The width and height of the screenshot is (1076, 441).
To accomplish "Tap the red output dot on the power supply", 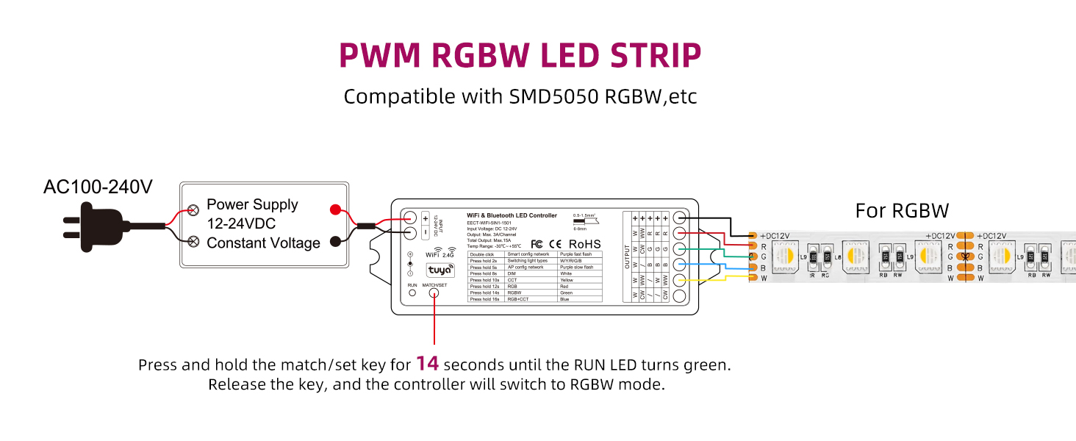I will pyautogui.click(x=336, y=209).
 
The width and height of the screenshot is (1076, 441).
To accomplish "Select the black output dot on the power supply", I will pyautogui.click(x=336, y=241).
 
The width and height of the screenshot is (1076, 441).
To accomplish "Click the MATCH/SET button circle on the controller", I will pyautogui.click(x=434, y=293).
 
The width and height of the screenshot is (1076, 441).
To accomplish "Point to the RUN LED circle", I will pyautogui.click(x=412, y=293).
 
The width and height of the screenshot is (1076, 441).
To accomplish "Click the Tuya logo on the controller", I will pyautogui.click(x=439, y=270).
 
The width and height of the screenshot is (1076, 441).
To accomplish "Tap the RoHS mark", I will pyautogui.click(x=584, y=244).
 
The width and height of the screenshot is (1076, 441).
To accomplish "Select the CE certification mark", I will pyautogui.click(x=556, y=244).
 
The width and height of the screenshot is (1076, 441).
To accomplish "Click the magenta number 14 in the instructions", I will pyautogui.click(x=427, y=363).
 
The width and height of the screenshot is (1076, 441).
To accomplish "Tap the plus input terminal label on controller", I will pyautogui.click(x=426, y=218).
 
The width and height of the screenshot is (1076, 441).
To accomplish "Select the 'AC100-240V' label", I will pyautogui.click(x=98, y=187).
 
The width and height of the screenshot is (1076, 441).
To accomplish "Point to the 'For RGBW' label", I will pyautogui.click(x=902, y=211).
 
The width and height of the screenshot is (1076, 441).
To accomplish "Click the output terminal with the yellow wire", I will pyautogui.click(x=680, y=280).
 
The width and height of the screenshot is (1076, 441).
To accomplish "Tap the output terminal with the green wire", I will pyautogui.click(x=680, y=249).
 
